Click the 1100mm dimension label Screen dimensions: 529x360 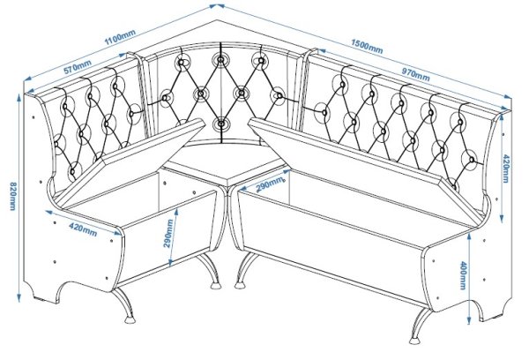click(120, 37)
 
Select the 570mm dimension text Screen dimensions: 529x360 click(78, 66)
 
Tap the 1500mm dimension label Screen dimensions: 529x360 click(367, 47)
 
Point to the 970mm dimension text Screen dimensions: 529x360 click(415, 75)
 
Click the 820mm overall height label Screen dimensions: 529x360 click(12, 196)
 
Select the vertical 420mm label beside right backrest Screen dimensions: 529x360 click(506, 169)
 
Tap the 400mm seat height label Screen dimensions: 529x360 click(463, 275)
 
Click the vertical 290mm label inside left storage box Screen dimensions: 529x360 click(168, 233)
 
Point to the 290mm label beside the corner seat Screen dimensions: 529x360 click(270, 184)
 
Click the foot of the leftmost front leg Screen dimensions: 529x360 click(130, 319)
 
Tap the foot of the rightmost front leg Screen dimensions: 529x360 click(414, 340)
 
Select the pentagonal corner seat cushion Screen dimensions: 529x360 click(223, 162)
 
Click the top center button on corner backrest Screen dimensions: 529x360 click(220, 60)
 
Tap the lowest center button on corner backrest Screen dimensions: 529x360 click(221, 124)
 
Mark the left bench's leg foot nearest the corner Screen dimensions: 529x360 click(214, 285)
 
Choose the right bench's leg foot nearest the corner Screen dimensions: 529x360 click(240, 285)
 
